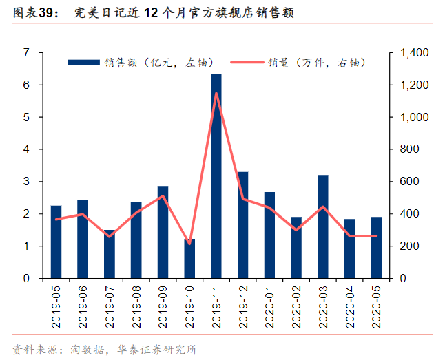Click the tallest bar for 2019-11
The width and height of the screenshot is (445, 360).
(x=216, y=176)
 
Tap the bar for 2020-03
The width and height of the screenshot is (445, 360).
(x=323, y=227)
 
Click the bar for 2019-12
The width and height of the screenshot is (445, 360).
(x=243, y=226)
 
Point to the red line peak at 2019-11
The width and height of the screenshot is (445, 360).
(x=216, y=93)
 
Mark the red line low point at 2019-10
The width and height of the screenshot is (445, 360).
(x=189, y=244)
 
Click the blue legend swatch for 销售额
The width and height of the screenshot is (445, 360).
(x=84, y=63)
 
